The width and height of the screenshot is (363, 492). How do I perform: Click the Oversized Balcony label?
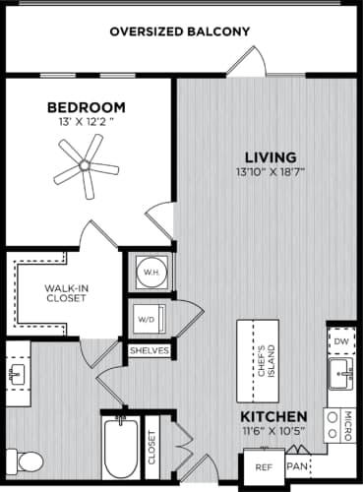(179, 31)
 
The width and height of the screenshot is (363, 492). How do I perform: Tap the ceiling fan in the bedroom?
(79, 162)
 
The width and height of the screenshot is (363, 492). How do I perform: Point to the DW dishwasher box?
(339, 342)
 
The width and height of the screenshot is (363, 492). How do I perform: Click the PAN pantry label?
(295, 465)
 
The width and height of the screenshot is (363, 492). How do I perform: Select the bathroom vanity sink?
(16, 373)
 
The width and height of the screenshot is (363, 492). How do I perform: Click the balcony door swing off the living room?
(246, 65)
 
